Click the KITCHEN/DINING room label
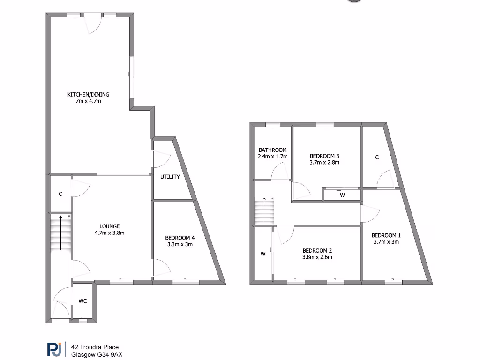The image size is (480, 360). [x=89, y=95]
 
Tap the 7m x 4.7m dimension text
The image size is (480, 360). [x=89, y=101]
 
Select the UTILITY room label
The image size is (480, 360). [x=170, y=177]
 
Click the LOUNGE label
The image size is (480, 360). [x=109, y=226]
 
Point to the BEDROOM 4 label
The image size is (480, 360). [x=180, y=238]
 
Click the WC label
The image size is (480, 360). [x=82, y=300]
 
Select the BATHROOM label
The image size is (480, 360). [x=272, y=150]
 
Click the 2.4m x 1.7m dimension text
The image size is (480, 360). [x=272, y=157]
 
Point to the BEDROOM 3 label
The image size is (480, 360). [x=324, y=156]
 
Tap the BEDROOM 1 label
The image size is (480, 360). [x=386, y=235]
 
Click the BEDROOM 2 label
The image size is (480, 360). [x=317, y=250]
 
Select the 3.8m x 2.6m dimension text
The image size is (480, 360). [x=317, y=257]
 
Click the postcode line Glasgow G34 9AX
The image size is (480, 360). [x=97, y=355]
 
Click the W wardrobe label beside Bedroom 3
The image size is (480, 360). [x=342, y=195]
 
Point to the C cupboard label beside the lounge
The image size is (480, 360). [x=60, y=194]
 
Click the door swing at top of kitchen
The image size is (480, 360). [x=93, y=26]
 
